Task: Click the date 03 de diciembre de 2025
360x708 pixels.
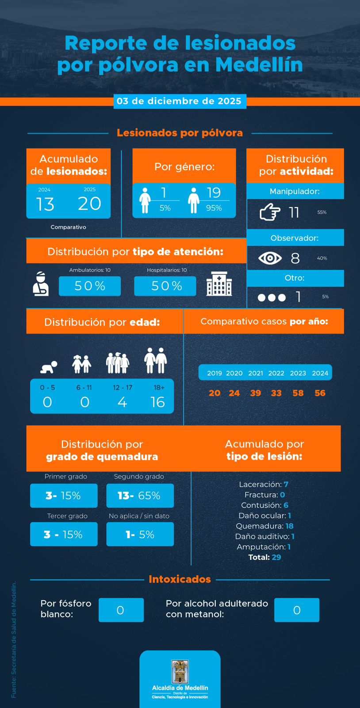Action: (x=179, y=101)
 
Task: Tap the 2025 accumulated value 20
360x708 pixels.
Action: (x=89, y=204)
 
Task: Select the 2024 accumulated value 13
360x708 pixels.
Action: (x=45, y=204)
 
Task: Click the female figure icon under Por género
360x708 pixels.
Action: (x=145, y=200)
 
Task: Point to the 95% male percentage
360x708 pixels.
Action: (x=214, y=208)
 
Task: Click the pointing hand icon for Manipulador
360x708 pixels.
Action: (x=270, y=212)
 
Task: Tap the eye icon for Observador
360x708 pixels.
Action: (x=270, y=258)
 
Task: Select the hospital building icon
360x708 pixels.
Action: (x=219, y=284)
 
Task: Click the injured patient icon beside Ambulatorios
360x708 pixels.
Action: (x=40, y=284)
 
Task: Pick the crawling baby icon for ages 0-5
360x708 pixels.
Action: (x=49, y=367)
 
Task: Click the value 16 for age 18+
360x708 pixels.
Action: (x=157, y=402)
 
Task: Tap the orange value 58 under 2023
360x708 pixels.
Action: (x=298, y=393)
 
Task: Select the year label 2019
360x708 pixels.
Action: (x=214, y=373)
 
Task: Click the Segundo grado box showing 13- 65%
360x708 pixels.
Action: (x=140, y=496)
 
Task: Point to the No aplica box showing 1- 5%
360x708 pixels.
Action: (x=140, y=535)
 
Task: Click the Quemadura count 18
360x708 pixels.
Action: (x=289, y=526)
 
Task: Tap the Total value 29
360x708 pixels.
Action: (x=276, y=557)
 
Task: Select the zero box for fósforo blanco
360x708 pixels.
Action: (x=121, y=610)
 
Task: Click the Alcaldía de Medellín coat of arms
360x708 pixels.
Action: (x=180, y=672)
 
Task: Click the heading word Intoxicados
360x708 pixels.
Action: (x=180, y=579)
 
